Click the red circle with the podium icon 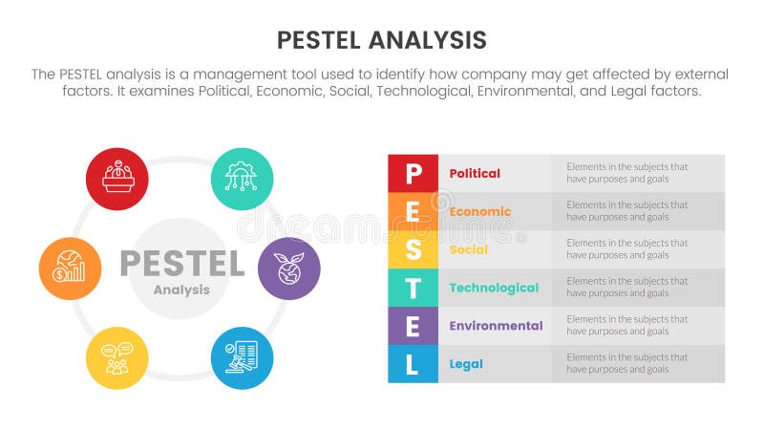pyautogui.click(x=117, y=179)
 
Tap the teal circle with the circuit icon pyautogui.click(x=242, y=179)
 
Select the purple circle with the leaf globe pyautogui.click(x=288, y=269)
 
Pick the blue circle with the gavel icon pyautogui.click(x=242, y=358)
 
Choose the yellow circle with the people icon pyautogui.click(x=117, y=358)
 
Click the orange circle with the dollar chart pyautogui.click(x=71, y=269)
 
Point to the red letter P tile pyautogui.click(x=413, y=174)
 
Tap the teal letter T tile pyautogui.click(x=413, y=288)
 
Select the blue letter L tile pyautogui.click(x=413, y=364)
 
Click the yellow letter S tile pyautogui.click(x=413, y=249)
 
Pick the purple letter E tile pyautogui.click(x=413, y=326)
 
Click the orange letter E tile pyautogui.click(x=413, y=211)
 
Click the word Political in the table pyautogui.click(x=475, y=174)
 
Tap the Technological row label pyautogui.click(x=494, y=288)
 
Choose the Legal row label pyautogui.click(x=466, y=364)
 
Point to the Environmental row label pyautogui.click(x=496, y=326)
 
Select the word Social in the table pyautogui.click(x=468, y=249)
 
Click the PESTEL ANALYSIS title pyautogui.click(x=381, y=39)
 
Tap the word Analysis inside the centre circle pyautogui.click(x=181, y=290)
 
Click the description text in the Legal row pyautogui.click(x=626, y=364)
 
